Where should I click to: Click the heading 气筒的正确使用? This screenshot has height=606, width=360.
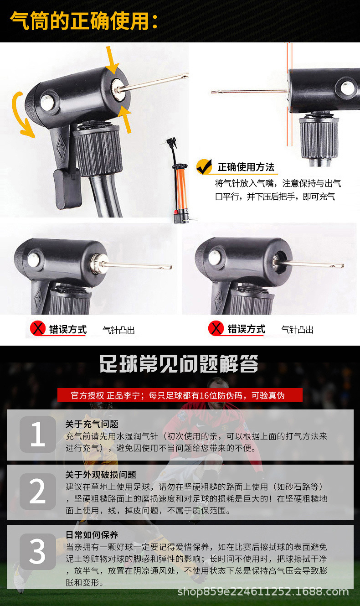click(x=84, y=21)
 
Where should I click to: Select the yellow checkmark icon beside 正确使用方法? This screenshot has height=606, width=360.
click(x=205, y=166)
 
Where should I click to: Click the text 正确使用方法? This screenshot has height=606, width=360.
click(x=246, y=167)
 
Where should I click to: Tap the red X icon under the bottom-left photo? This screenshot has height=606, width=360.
click(x=38, y=329)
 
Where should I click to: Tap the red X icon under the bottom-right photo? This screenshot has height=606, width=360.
click(x=216, y=329)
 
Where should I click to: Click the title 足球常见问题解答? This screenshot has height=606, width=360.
click(x=179, y=364)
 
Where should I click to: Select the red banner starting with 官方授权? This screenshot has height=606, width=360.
click(x=180, y=395)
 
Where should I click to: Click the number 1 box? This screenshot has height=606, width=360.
click(x=38, y=435)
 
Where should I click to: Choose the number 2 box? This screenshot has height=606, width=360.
click(x=38, y=492)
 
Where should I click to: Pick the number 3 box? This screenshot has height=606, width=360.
click(x=38, y=552)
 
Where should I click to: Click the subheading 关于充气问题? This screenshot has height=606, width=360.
click(x=92, y=424)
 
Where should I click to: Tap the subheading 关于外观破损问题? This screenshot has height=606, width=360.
click(x=101, y=475)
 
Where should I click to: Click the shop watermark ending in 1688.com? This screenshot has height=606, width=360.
click(x=263, y=592)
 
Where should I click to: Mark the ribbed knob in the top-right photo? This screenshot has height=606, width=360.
click(x=319, y=137)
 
